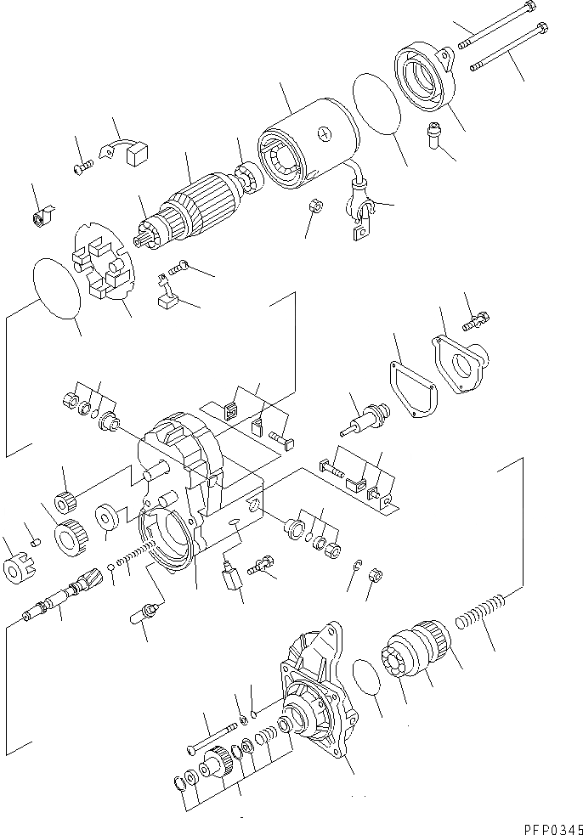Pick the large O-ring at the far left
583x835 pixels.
click(56, 288)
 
